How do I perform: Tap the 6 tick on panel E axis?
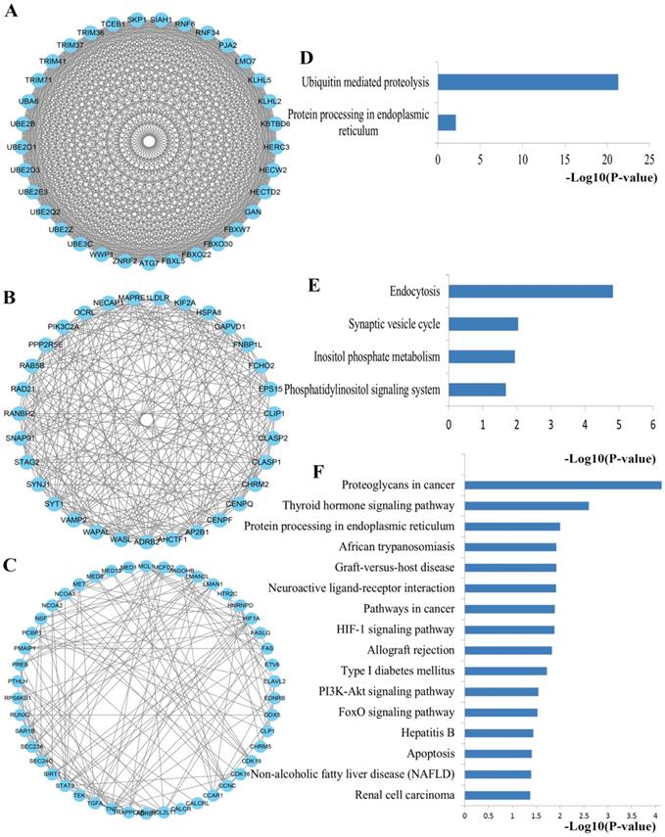coord(652,427)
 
